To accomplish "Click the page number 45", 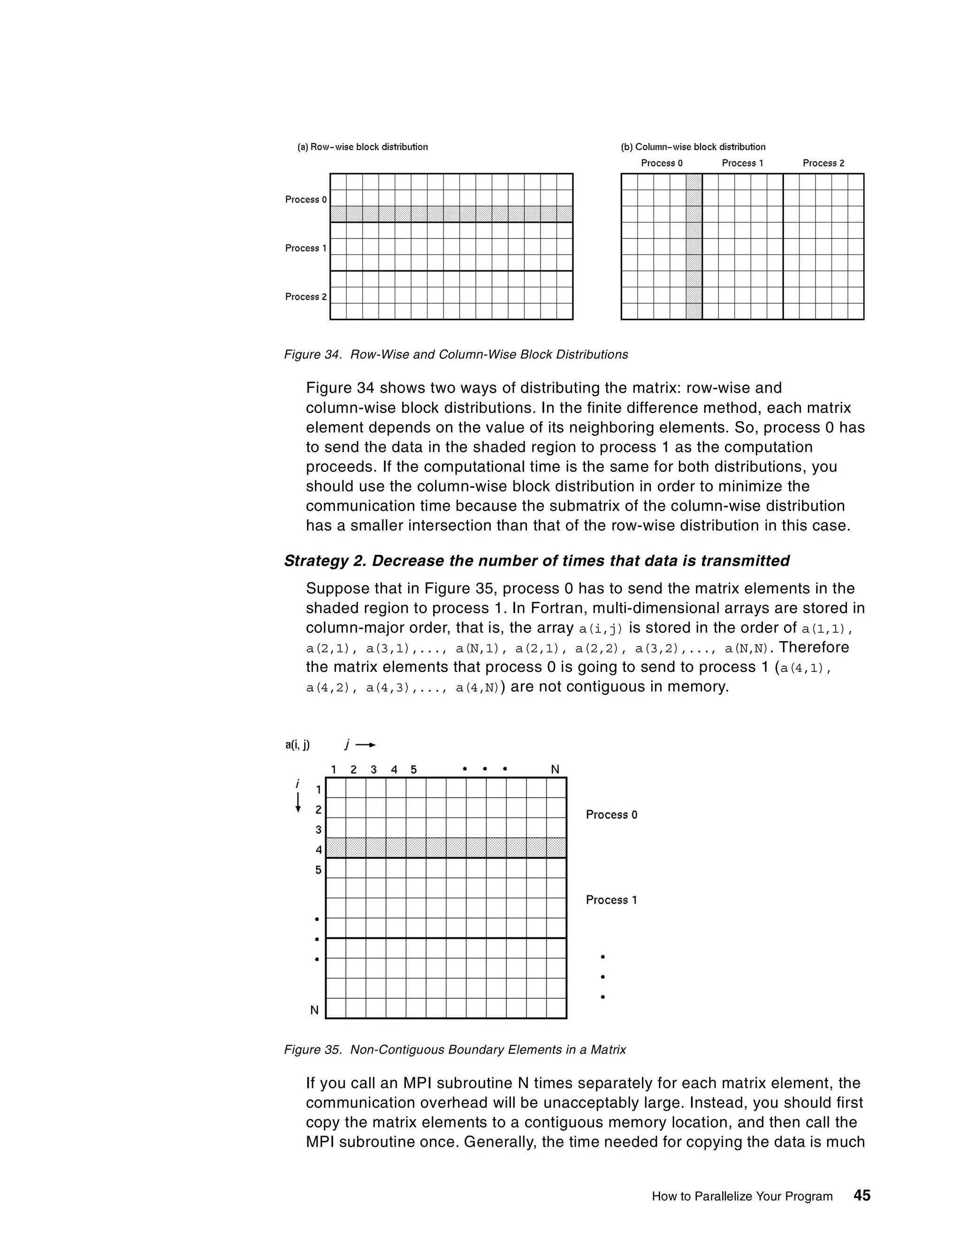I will pyautogui.click(x=862, y=1196).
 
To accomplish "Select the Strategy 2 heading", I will pyautogui.click(x=536, y=561).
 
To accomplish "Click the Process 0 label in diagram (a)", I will pyautogui.click(x=306, y=200).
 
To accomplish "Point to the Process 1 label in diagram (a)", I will pyautogui.click(x=306, y=248).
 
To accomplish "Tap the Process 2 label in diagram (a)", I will pyautogui.click(x=306, y=297).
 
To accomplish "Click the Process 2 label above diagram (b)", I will pyautogui.click(x=823, y=163).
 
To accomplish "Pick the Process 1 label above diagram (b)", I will pyautogui.click(x=742, y=163).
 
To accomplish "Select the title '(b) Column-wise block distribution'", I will pyautogui.click(x=693, y=147).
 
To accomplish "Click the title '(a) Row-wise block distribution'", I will pyautogui.click(x=362, y=147).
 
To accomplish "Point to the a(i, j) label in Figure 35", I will pyautogui.click(x=297, y=745).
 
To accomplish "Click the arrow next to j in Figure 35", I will pyautogui.click(x=366, y=745).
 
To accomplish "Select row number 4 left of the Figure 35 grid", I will pyautogui.click(x=318, y=850).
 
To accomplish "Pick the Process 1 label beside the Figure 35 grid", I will pyautogui.click(x=611, y=900).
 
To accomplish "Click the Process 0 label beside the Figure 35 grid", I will pyautogui.click(x=611, y=815).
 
